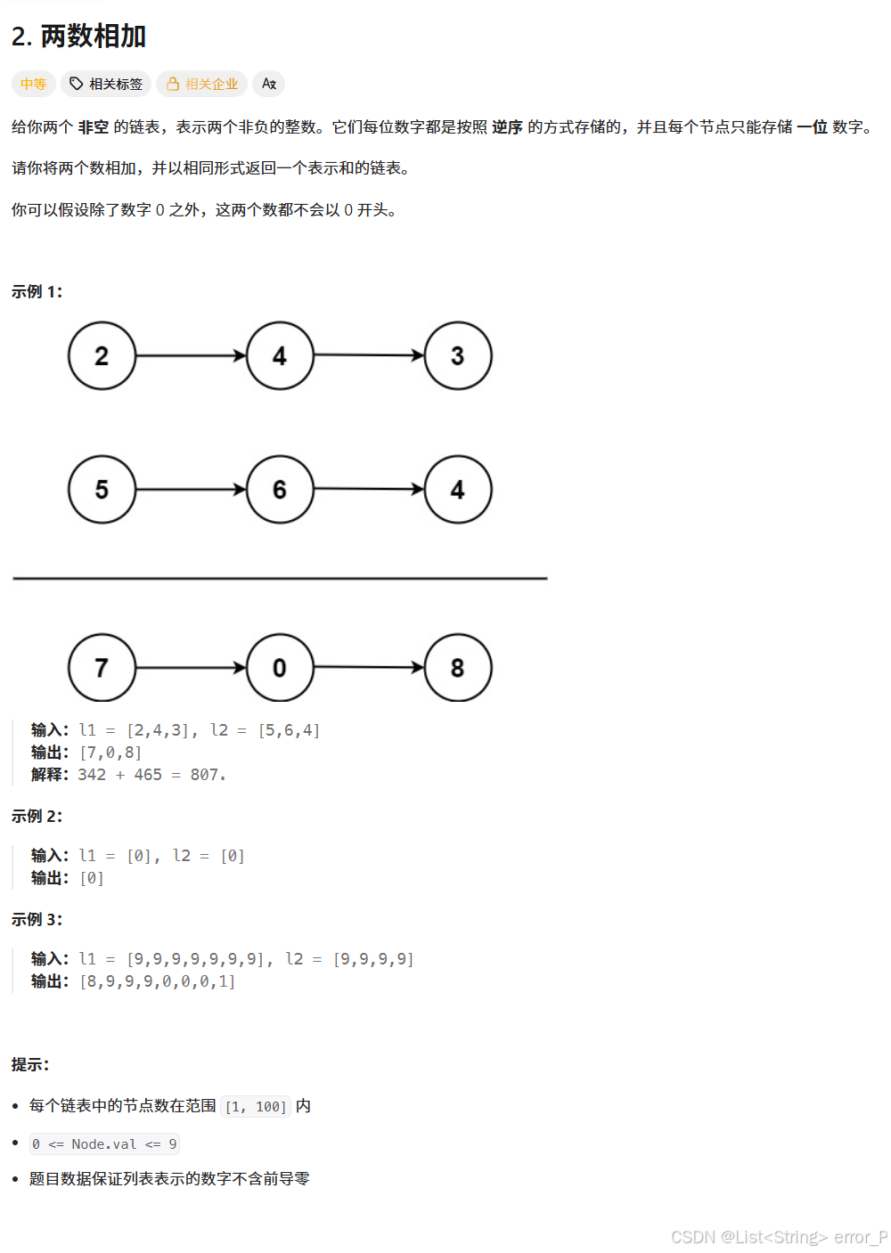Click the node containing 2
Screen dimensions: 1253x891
point(102,356)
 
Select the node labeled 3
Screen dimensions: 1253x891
point(458,356)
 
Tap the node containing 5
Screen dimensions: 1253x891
point(102,490)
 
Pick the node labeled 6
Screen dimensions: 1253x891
point(280,490)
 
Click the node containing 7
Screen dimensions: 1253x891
point(102,668)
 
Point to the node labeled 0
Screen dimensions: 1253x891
point(280,668)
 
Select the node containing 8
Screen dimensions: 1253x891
point(458,668)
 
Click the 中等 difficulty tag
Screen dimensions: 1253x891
point(33,84)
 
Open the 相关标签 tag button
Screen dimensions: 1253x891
point(106,84)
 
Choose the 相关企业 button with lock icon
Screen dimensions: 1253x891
point(202,84)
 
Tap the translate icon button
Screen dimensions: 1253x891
point(268,84)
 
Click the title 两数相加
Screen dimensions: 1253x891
point(93,37)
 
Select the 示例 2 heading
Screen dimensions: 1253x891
point(37,817)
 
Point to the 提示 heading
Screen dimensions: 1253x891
point(30,1065)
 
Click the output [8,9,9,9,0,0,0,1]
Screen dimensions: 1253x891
point(158,981)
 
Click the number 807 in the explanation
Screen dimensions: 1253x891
point(205,775)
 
